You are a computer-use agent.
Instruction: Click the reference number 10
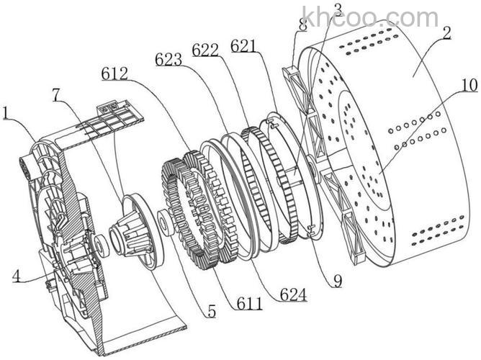(468, 85)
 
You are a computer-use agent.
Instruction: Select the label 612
(115, 73)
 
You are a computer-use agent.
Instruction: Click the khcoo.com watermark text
(370, 17)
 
